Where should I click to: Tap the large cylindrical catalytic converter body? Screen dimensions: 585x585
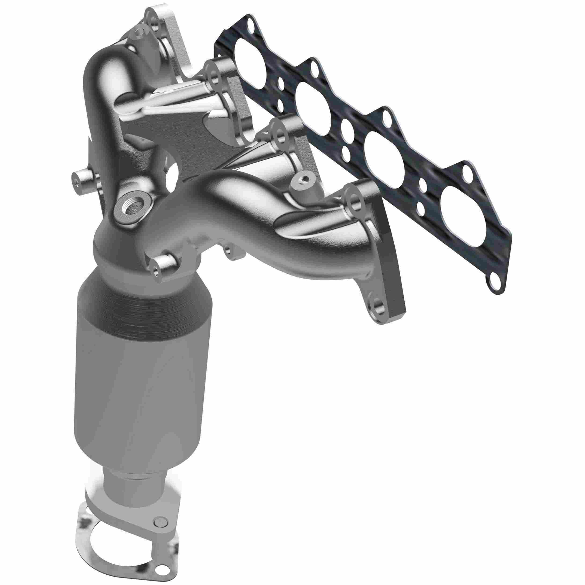142,378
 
